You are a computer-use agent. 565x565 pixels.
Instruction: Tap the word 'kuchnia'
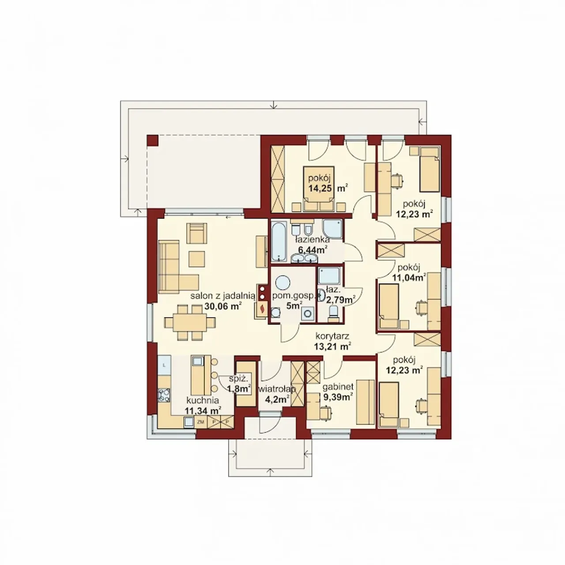tap(203, 400)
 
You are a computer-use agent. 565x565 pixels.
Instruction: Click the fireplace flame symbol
tap(262, 309)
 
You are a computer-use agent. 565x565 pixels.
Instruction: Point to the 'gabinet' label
tap(338, 387)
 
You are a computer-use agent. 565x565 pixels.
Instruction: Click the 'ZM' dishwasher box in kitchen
tap(200, 422)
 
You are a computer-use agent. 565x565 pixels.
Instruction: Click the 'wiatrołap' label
tap(277, 389)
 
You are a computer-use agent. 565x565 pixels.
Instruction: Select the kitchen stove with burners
tap(164, 395)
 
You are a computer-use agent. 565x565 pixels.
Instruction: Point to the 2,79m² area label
tap(339, 300)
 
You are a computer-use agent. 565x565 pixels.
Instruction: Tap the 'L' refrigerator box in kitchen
tap(164, 365)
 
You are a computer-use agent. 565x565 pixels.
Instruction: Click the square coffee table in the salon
tap(197, 258)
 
